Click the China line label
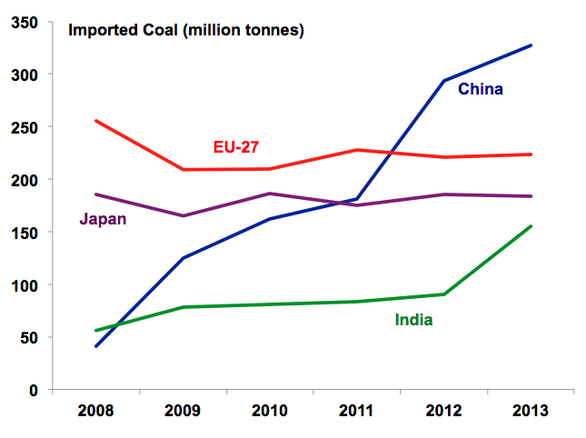(x=480, y=89)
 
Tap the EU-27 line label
(x=236, y=146)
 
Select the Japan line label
(x=103, y=218)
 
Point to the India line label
(x=413, y=319)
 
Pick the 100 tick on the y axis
(x=25, y=284)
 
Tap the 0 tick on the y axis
(x=33, y=390)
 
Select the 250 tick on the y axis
(x=25, y=126)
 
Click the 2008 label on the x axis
(x=95, y=411)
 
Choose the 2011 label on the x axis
(x=357, y=411)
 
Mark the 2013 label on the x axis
(x=531, y=411)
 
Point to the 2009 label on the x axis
(x=183, y=411)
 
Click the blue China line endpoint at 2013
(x=531, y=45)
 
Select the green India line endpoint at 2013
(x=531, y=226)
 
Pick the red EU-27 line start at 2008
(x=95, y=121)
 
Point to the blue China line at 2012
(x=444, y=81)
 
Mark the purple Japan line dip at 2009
(x=183, y=215)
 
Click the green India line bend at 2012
(x=444, y=294)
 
